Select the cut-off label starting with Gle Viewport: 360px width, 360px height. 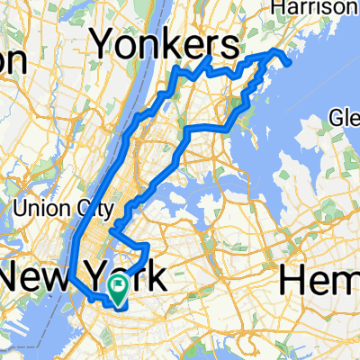[x=345, y=117]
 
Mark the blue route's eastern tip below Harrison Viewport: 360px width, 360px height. [x=290, y=63]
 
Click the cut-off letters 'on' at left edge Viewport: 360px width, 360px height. [x=11, y=61]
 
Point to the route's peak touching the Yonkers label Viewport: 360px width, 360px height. [x=208, y=58]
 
